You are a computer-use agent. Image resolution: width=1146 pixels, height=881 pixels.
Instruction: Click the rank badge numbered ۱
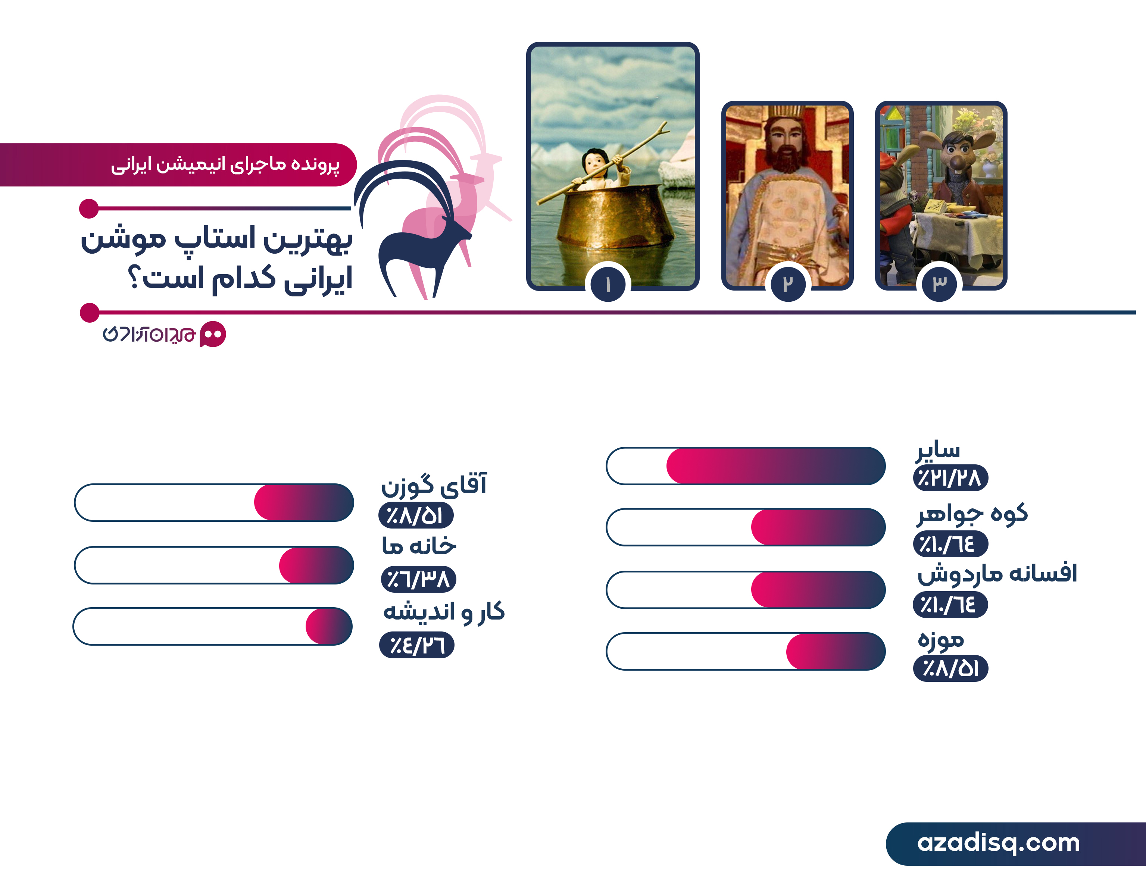(x=608, y=284)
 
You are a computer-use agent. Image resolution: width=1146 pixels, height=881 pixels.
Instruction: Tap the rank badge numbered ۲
(x=788, y=284)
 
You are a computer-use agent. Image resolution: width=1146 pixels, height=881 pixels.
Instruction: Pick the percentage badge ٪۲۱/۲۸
(x=950, y=478)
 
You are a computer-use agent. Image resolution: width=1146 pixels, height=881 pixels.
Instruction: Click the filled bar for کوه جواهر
(x=818, y=527)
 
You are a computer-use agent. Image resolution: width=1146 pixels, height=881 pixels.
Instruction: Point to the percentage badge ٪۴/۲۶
(x=416, y=645)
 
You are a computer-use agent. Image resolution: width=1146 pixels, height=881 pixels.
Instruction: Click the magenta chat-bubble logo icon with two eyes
(x=213, y=334)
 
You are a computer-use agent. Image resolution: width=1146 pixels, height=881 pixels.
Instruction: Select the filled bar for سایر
(x=775, y=465)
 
